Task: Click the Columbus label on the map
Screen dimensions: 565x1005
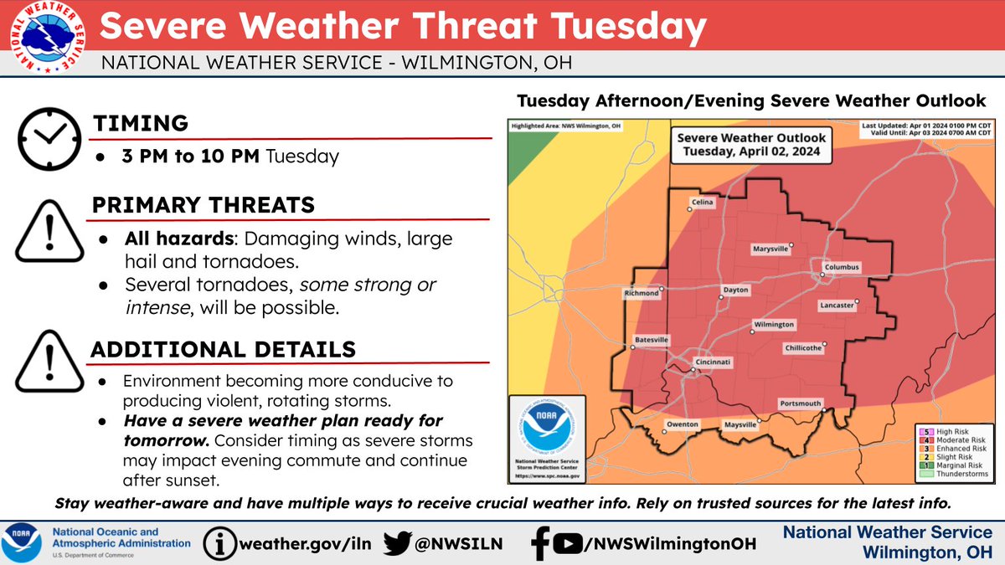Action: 841,268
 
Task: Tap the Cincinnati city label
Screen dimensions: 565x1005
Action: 713,362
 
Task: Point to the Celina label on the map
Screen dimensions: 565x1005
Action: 701,202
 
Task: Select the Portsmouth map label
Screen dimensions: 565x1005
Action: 800,403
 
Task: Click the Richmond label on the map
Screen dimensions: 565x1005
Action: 641,294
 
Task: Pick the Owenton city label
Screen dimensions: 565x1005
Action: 683,424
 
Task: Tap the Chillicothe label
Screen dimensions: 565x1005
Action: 802,347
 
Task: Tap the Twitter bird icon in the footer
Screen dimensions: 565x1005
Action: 399,542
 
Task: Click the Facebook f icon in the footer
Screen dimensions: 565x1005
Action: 540,542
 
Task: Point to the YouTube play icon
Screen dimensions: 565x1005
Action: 567,543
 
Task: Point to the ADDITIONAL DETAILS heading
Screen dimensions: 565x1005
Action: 224,349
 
